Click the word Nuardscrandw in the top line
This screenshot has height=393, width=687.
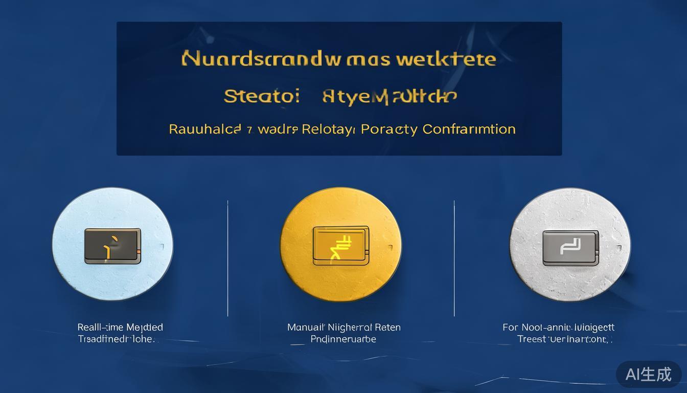pyautogui.click(x=261, y=59)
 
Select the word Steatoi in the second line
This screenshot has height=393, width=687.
pyautogui.click(x=261, y=96)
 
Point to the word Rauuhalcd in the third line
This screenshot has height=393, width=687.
pyautogui.click(x=204, y=129)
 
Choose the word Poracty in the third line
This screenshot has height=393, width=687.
pyautogui.click(x=389, y=129)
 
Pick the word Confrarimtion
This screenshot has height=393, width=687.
pyautogui.click(x=469, y=129)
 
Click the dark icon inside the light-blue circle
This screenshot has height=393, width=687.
pyautogui.click(x=112, y=246)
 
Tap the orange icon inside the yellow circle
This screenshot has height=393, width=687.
pyautogui.click(x=341, y=246)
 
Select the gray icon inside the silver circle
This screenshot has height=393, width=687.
pyautogui.click(x=570, y=248)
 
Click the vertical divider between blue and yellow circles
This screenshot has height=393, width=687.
pyautogui.click(x=227, y=258)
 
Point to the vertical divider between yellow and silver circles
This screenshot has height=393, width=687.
pyautogui.click(x=454, y=258)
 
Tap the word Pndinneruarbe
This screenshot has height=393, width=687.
pyautogui.click(x=343, y=339)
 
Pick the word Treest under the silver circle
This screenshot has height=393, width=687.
pyautogui.click(x=531, y=339)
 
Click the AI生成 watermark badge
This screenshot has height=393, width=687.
pyautogui.click(x=648, y=375)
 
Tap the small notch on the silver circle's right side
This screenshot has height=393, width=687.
pyautogui.click(x=619, y=248)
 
